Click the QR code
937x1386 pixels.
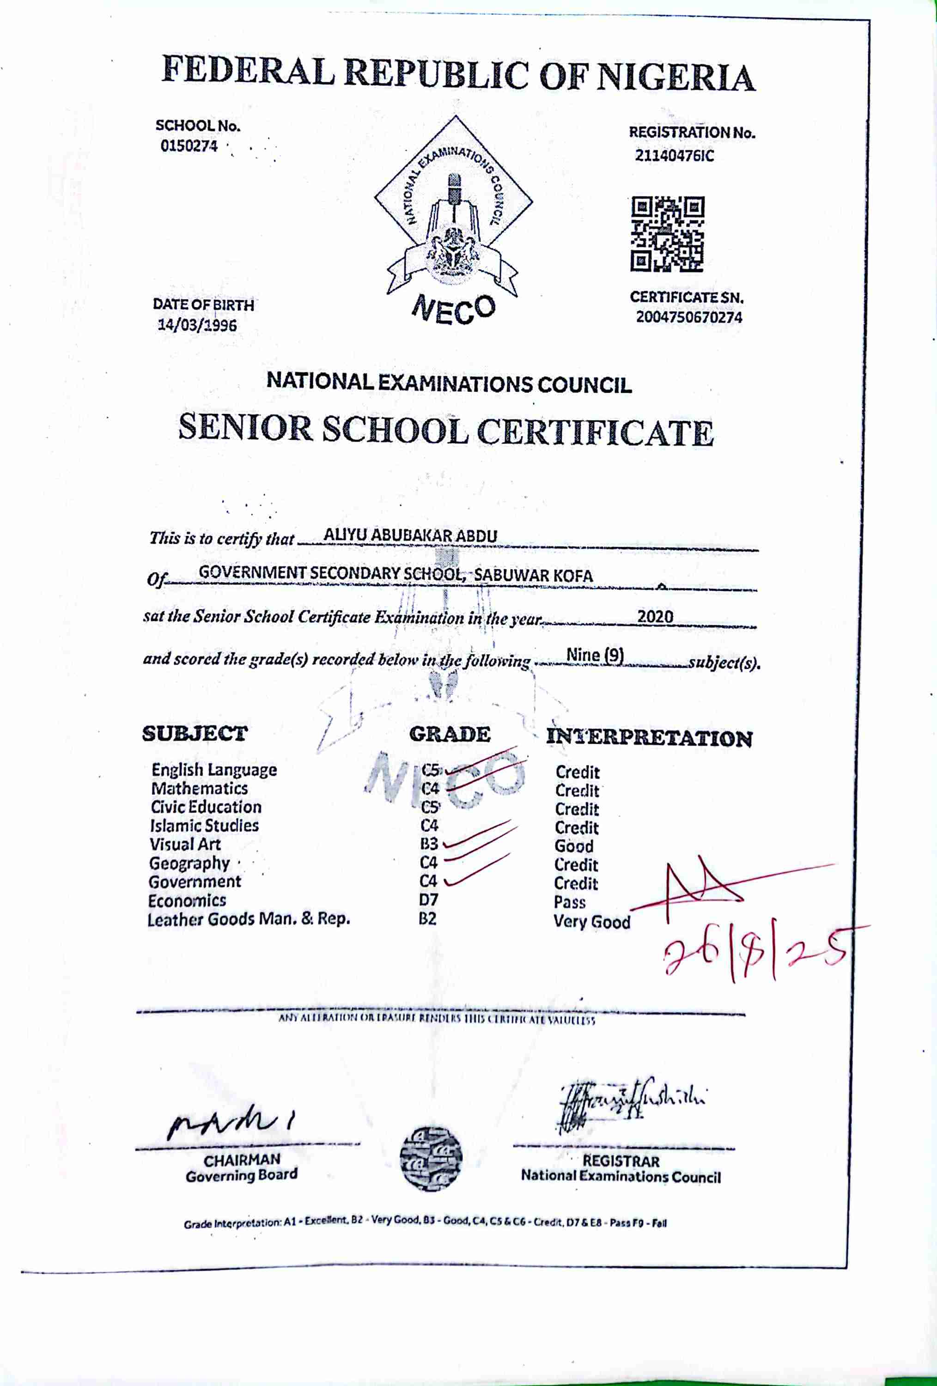(668, 234)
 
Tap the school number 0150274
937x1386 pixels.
(189, 146)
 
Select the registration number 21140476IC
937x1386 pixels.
(674, 156)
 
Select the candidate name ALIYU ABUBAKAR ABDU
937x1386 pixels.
(410, 535)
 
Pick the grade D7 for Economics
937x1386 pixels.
(428, 900)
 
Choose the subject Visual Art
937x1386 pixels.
(185, 844)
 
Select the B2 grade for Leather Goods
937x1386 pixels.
(427, 918)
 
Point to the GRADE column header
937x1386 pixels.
(449, 734)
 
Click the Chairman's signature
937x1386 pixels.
(232, 1124)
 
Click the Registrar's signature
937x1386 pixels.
(629, 1101)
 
